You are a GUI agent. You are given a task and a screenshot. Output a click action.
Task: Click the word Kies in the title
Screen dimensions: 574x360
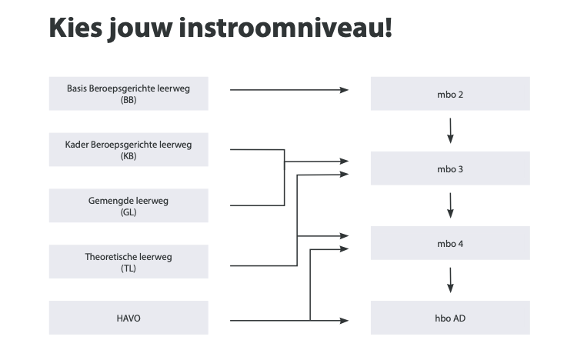click(75, 28)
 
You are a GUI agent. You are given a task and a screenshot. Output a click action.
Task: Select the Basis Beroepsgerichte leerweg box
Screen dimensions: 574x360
click(128, 93)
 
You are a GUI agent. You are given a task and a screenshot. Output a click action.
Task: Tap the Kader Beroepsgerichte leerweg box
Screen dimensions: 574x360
click(128, 149)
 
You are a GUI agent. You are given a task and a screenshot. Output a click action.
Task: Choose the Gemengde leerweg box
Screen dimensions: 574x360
click(128, 205)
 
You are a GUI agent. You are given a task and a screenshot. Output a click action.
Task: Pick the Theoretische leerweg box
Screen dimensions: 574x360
click(128, 262)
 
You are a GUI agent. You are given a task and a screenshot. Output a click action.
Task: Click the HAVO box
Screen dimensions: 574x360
click(128, 318)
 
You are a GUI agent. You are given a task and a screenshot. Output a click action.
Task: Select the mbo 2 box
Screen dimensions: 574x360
click(450, 93)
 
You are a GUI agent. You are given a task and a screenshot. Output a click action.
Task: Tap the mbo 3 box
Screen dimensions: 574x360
click(450, 168)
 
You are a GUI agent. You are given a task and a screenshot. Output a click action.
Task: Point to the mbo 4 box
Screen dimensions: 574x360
click(450, 243)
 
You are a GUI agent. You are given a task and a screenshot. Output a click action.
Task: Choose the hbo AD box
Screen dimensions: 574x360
click(450, 318)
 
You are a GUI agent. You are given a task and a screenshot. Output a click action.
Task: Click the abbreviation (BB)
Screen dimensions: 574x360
click(128, 100)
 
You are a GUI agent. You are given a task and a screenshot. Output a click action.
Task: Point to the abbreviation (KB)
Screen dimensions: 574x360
click(128, 156)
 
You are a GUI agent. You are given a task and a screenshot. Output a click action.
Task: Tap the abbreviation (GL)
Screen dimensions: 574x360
click(128, 212)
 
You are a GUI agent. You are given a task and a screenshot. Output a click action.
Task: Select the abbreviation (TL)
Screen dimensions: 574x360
click(128, 268)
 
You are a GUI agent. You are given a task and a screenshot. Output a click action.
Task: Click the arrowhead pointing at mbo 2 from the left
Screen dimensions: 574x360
click(344, 90)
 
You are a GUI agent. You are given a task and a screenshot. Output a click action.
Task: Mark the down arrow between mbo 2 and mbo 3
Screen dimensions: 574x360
click(450, 131)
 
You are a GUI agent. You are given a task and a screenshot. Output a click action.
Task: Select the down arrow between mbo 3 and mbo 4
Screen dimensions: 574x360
click(450, 205)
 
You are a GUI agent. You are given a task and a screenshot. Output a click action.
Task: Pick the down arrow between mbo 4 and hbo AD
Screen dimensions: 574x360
click(450, 280)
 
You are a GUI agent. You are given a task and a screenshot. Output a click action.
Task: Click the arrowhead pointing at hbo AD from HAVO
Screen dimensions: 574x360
click(344, 321)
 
